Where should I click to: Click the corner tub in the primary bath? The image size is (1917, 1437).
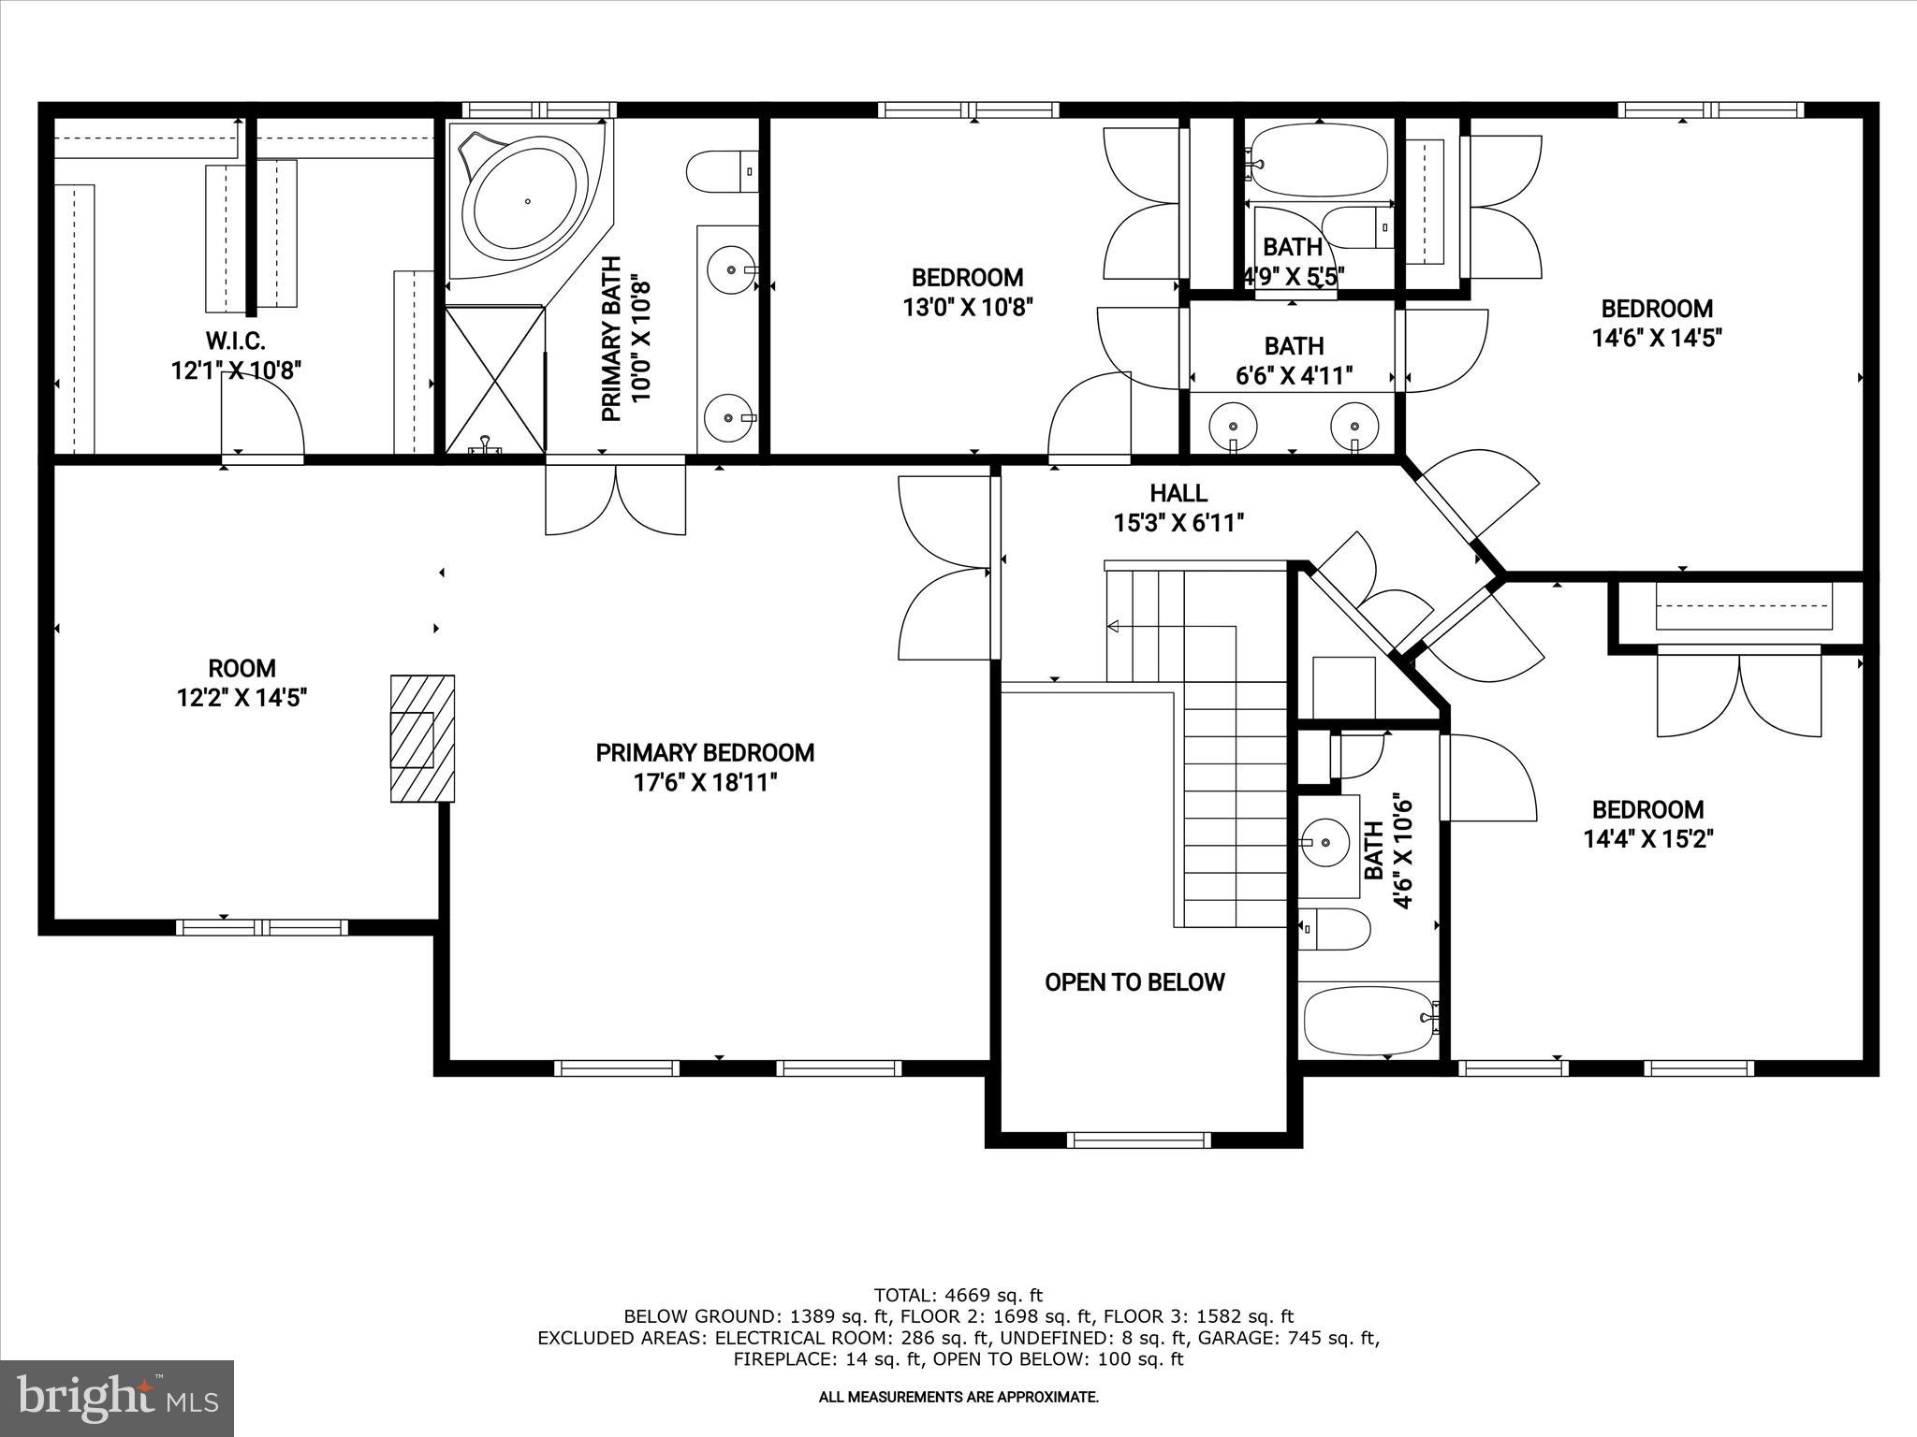527,202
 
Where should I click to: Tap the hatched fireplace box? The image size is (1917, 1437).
422,738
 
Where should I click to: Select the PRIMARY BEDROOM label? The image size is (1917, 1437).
705,753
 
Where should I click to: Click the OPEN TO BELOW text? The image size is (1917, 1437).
1134,982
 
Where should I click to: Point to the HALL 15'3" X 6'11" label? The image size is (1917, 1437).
1178,507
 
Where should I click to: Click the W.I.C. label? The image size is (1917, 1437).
236,342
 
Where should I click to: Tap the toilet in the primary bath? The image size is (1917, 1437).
722,172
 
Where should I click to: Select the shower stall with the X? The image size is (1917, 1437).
494,380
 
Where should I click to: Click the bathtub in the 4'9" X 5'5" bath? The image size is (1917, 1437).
1317,161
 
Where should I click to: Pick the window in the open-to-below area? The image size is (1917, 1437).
1139,1139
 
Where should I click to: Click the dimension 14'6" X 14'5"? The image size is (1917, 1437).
1657,338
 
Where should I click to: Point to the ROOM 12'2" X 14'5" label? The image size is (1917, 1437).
241,683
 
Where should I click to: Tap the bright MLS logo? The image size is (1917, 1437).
116,1398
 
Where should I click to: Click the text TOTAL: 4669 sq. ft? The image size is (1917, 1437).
958,1296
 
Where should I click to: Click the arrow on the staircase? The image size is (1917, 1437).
1114,626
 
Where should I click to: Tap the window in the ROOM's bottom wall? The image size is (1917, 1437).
262,927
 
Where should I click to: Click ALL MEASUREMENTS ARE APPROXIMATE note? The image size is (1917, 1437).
958,1397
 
